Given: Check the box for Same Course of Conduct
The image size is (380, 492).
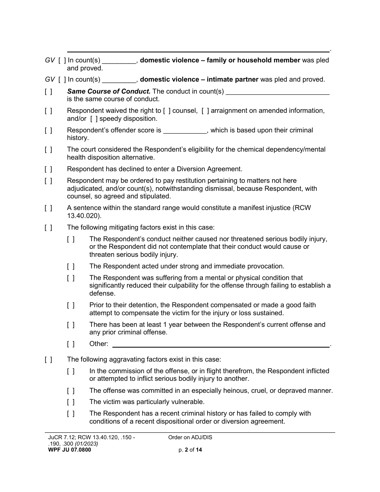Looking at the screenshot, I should coord(48,91).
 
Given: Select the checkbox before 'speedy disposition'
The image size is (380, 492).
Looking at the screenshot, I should coord(94,119).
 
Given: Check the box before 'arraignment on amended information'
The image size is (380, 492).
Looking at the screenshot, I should coord(205,111).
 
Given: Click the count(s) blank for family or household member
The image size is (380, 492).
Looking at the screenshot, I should coord(119,61).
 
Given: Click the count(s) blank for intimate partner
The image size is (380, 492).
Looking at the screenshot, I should coord(119,80).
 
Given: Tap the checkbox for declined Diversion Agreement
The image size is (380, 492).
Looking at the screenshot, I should coord(48,169).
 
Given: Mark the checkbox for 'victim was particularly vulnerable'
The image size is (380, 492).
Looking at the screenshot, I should coord(71,402).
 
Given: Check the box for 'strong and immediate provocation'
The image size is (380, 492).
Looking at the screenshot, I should coord(71,266).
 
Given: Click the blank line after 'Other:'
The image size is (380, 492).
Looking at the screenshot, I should coord(220,344).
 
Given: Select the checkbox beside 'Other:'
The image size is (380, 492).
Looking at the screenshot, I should coord(71,344).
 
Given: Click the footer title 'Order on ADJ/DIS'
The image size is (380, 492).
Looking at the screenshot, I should coord(190,437).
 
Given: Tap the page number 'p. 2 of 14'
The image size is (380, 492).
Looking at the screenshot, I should coord(190,450).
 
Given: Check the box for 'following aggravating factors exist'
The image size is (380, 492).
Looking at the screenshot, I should coord(48,360).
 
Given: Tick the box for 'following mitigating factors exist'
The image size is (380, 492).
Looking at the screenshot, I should coord(48,228).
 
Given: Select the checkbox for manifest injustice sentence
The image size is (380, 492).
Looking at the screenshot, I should coord(48,208).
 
